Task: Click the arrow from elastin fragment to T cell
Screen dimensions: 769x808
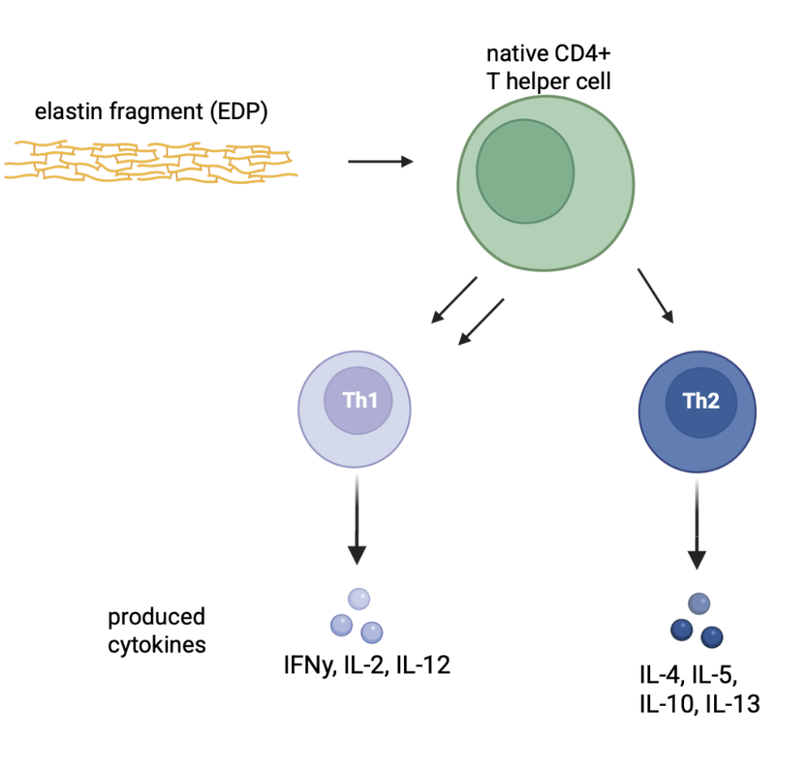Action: tap(380, 162)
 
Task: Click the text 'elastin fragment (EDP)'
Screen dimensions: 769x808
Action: tap(151, 113)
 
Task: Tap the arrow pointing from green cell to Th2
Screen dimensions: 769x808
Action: tap(656, 296)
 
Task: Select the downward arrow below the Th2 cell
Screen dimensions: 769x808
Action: tap(697, 524)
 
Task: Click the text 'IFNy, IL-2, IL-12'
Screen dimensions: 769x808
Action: tap(367, 666)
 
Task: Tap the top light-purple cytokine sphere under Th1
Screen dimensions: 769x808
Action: tap(359, 599)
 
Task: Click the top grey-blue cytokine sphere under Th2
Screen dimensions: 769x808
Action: tap(698, 604)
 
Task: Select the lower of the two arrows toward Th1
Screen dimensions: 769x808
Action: tap(481, 322)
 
